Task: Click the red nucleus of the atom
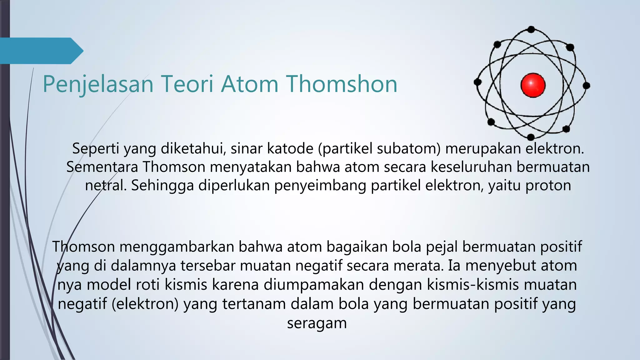[x=533, y=85]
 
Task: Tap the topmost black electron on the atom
[x=531, y=30]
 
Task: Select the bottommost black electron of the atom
[x=531, y=137]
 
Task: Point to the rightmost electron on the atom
[x=587, y=85]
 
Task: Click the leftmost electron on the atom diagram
[x=477, y=82]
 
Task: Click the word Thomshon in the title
[x=342, y=84]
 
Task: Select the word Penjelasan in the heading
[x=98, y=84]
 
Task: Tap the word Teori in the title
[x=187, y=84]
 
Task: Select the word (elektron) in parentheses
[x=145, y=304]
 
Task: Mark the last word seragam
[x=317, y=323]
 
